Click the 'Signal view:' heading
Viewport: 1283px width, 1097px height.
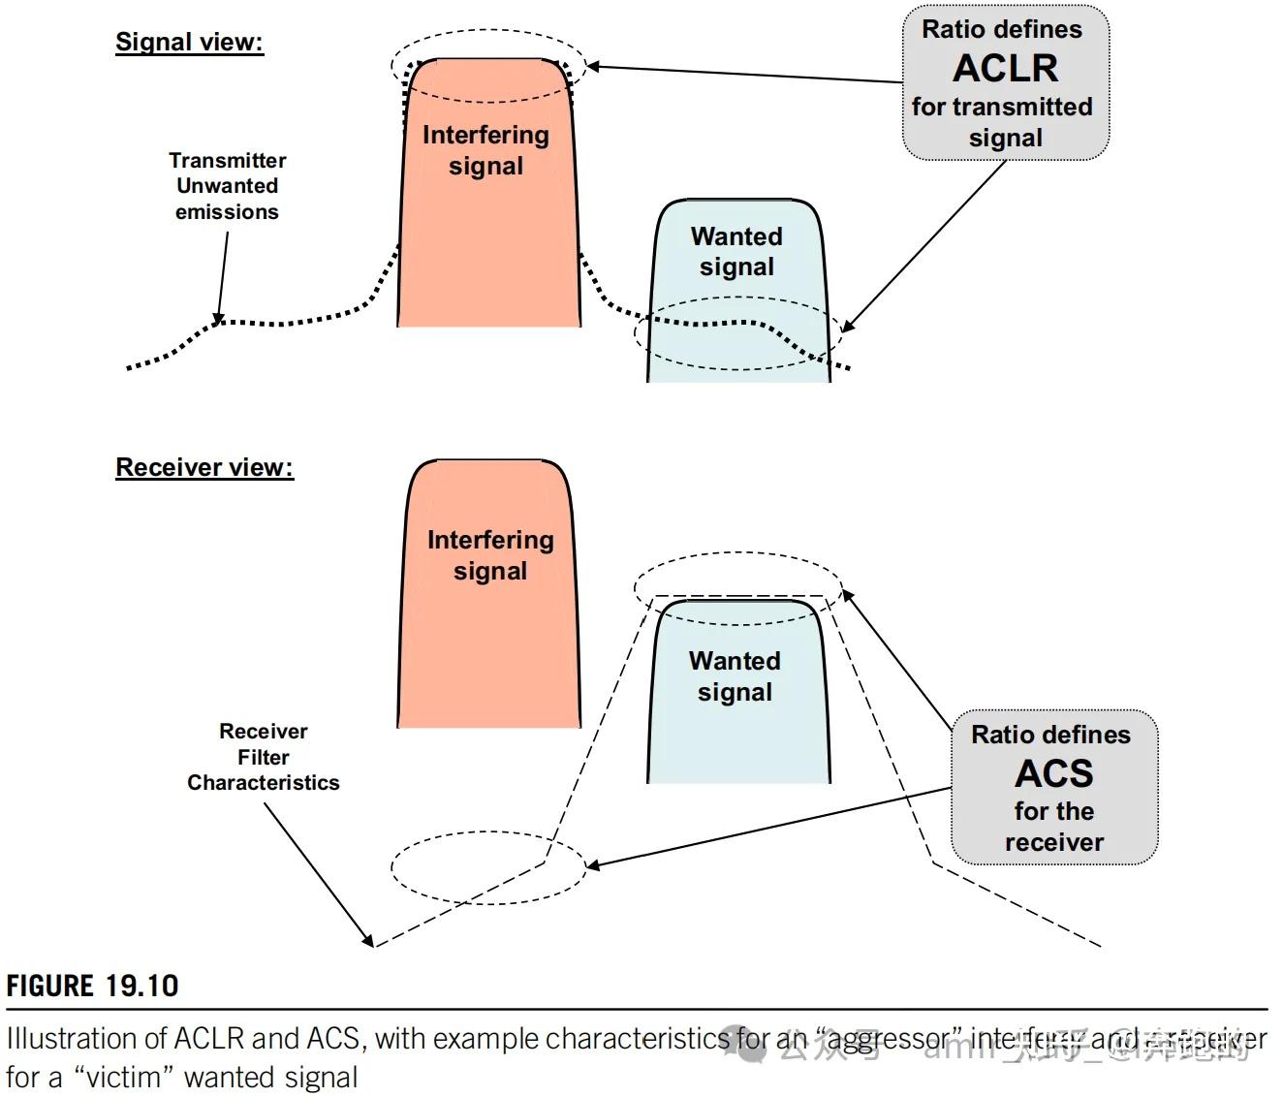click(189, 42)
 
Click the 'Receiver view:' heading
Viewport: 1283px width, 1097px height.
click(203, 467)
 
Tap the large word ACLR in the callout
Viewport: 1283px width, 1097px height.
click(1005, 68)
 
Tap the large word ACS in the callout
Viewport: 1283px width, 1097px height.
click(1053, 773)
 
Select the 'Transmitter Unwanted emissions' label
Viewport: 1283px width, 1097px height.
click(227, 186)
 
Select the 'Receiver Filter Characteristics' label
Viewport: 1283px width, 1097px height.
click(263, 757)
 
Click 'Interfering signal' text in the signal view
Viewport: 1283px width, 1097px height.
click(485, 150)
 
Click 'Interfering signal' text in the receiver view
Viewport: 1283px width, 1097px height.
click(490, 555)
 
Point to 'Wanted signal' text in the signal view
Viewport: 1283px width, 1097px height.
click(736, 251)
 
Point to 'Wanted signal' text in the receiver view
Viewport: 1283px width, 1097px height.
click(735, 676)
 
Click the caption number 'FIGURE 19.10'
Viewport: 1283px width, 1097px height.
click(92, 987)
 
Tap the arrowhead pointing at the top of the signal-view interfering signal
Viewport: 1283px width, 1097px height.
click(592, 66)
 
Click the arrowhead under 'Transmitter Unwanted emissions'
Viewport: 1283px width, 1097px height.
click(219, 319)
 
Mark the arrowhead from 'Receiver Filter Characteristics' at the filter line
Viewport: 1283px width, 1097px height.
click(368, 941)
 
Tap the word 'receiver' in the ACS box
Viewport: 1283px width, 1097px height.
click(1053, 842)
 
